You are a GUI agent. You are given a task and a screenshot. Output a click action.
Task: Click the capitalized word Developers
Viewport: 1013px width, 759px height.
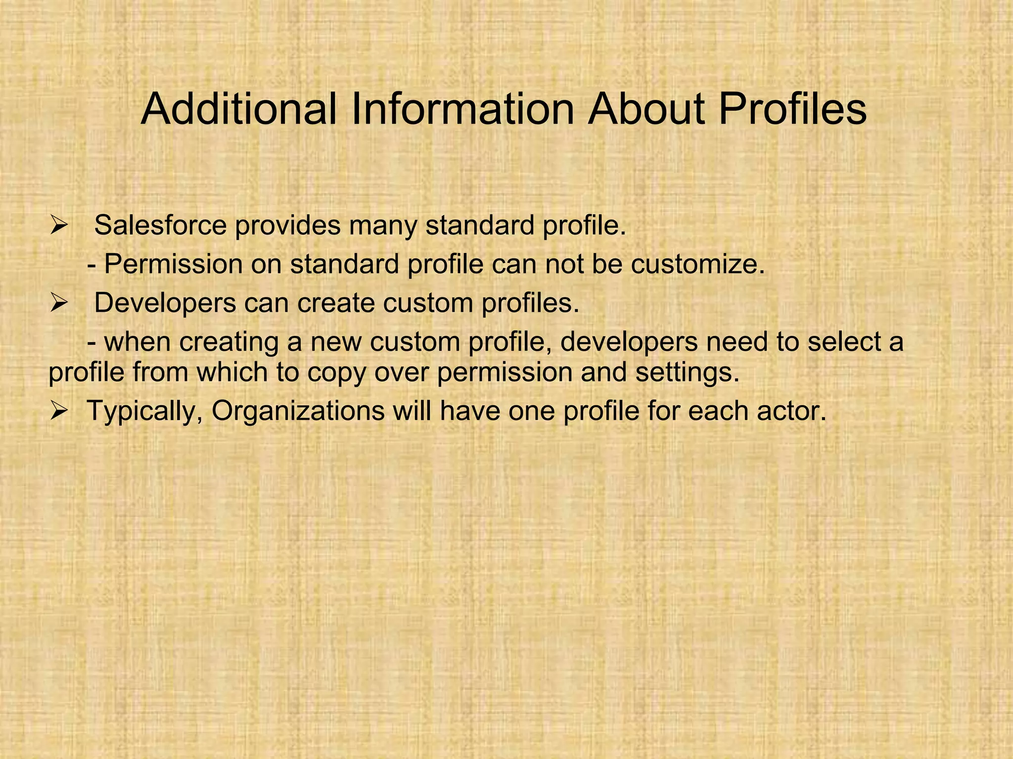165,303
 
